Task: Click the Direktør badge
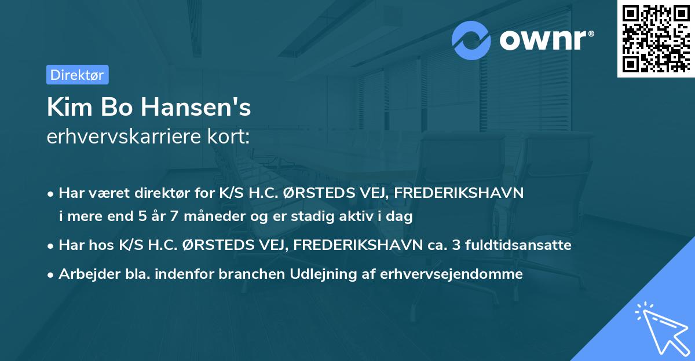coord(77,75)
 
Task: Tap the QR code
coord(654,39)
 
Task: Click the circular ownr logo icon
coord(471,40)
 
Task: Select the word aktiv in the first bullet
coord(357,217)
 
